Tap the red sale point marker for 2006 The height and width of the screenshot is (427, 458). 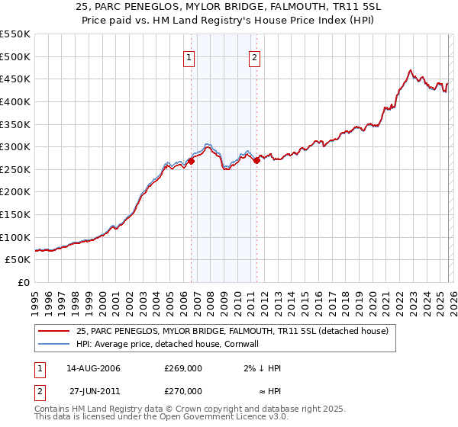(x=191, y=160)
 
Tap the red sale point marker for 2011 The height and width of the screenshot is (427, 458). (x=256, y=160)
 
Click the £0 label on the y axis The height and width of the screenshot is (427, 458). (x=23, y=282)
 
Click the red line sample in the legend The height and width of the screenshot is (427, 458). (x=54, y=331)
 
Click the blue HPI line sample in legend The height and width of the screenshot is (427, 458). (x=54, y=344)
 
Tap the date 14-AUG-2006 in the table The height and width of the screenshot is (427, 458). (x=93, y=368)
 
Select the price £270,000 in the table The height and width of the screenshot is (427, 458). (x=183, y=390)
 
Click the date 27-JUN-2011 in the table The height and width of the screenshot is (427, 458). (x=93, y=390)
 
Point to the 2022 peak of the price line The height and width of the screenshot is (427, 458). (x=411, y=70)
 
